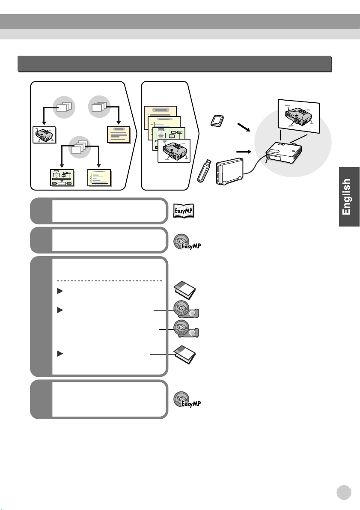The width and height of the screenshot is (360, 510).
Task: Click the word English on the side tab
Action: tap(346, 197)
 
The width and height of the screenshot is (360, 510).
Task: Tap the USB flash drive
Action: tap(205, 171)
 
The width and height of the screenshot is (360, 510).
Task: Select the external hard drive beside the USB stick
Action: tap(230, 171)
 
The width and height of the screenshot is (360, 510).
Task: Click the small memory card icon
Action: tap(217, 121)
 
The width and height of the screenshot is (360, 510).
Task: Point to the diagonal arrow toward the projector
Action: tap(244, 127)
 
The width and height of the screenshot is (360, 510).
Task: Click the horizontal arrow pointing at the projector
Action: tap(244, 152)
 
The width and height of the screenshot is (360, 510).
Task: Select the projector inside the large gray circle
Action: tap(283, 153)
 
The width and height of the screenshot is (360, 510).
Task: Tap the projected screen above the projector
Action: tap(298, 116)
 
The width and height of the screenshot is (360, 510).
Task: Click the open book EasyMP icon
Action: tap(184, 211)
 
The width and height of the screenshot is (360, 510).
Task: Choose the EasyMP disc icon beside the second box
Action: tap(187, 242)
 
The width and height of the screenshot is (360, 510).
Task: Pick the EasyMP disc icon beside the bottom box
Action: tap(187, 400)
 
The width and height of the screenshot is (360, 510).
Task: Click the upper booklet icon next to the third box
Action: tap(185, 290)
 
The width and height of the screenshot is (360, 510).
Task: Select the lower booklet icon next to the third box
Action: tap(185, 355)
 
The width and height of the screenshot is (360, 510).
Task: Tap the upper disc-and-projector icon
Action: tap(186, 309)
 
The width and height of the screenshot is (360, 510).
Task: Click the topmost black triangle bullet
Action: tap(60, 291)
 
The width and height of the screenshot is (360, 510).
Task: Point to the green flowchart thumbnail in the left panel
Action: tap(62, 178)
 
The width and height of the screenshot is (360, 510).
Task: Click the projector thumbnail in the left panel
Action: tap(44, 135)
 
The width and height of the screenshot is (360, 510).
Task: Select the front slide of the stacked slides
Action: tap(174, 151)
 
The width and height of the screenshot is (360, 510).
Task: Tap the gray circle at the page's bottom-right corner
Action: tap(344, 492)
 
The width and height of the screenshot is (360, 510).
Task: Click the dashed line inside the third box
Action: tap(109, 281)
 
